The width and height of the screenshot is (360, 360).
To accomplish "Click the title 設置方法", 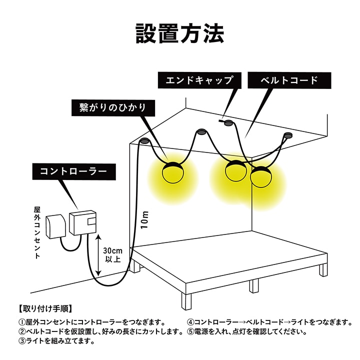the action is pos(180,33).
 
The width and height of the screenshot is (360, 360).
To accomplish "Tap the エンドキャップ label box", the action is pos(199,80).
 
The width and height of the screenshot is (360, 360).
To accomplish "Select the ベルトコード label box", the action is pos(289,80).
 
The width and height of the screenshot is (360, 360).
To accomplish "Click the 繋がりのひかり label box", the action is pos(113,108).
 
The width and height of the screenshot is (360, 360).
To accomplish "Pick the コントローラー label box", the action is pos(74,171).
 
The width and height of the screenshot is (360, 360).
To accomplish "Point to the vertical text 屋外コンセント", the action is pos(37,233).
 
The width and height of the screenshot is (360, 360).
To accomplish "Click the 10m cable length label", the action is pos(144,219).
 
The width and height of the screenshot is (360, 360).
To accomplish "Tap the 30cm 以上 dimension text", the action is pos(112,255).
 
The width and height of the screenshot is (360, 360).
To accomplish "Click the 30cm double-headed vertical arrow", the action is pos(98,255).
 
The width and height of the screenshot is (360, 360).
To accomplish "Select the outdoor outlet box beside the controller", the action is pos(56,226).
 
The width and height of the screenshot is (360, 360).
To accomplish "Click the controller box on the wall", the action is pos(82,222).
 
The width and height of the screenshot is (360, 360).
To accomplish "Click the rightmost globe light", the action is pos(260,177).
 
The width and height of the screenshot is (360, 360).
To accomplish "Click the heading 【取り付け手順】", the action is pos(45,308).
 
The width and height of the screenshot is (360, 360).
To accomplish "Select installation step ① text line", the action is pos(92,322).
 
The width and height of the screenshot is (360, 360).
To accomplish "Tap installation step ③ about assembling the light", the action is pos(56,341).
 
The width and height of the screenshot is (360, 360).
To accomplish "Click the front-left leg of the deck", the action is pos(186,301).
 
